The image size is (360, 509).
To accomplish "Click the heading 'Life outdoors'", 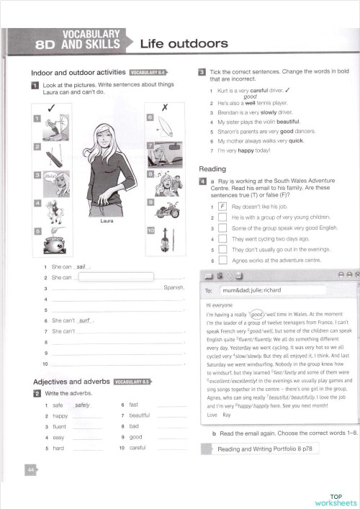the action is [x=184, y=44].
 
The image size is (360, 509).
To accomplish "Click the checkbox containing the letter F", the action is [x=223, y=207].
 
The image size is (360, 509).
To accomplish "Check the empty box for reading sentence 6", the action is [x=223, y=260].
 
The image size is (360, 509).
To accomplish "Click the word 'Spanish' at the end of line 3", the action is [x=175, y=288].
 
